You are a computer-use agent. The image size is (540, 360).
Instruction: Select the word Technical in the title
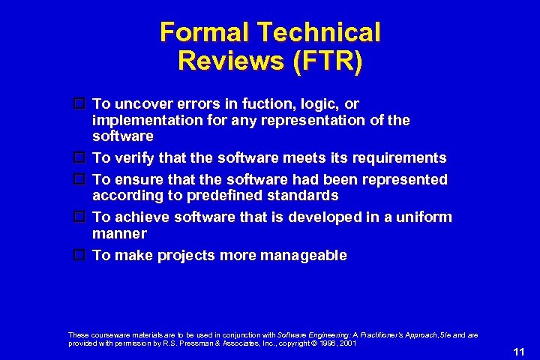319,33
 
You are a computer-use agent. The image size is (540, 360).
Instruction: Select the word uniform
424,217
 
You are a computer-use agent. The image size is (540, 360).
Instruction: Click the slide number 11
518,351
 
